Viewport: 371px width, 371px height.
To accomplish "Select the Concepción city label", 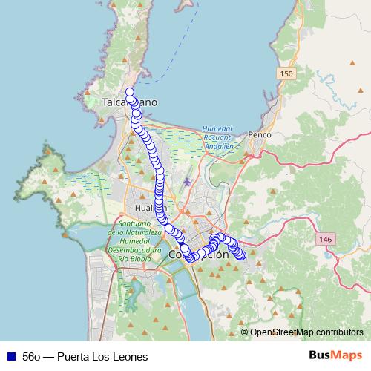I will [200, 254].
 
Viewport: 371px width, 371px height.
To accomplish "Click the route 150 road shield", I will [287, 74].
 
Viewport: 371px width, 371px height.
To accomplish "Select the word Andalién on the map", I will [218, 146].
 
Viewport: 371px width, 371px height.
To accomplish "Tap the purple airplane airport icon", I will [185, 180].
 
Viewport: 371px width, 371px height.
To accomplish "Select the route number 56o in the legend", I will [32, 357].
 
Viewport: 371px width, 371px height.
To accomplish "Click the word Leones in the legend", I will [129, 357].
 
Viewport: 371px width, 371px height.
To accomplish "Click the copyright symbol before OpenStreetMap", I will [244, 332].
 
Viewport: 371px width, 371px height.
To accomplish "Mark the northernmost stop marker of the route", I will [130, 92].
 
